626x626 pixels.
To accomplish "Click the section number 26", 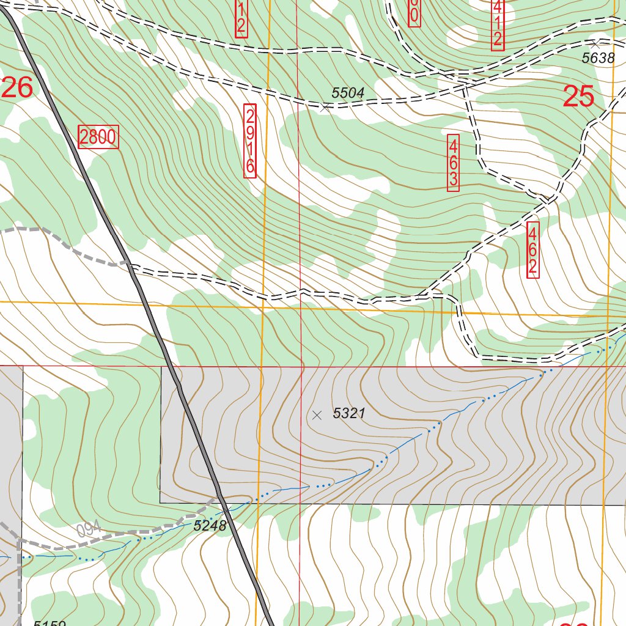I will coord(17,88).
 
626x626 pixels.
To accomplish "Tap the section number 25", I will coord(578,97).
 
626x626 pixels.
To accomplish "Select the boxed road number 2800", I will coord(98,137).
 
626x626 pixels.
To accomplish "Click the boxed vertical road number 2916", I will coord(249,141).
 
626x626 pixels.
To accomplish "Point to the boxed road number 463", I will coord(453,163).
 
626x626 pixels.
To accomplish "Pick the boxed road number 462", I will coord(532,249).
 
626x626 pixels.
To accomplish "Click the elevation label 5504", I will coord(348,93).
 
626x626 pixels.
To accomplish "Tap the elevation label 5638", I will coord(597,58).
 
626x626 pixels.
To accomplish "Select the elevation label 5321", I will coord(348,413).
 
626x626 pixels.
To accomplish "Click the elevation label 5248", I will coord(210,525).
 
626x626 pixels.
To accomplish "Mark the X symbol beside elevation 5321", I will coord(317,415).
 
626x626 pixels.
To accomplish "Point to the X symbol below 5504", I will coord(325,108).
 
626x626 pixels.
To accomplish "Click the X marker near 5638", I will coord(595,44).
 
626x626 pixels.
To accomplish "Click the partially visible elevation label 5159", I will coord(49,623).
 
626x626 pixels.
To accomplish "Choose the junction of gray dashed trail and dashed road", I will coord(130,265).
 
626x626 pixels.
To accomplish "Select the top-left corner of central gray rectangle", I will coord(161,367).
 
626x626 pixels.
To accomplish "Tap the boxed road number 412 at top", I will coord(497,24).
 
